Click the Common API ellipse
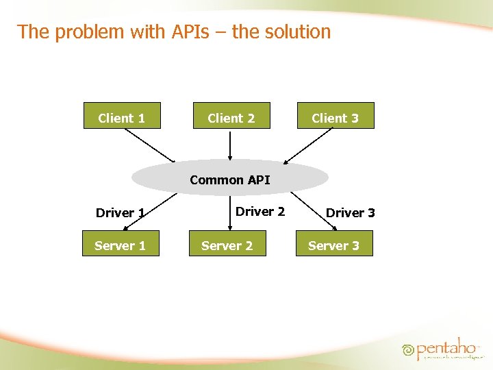tap(230, 178)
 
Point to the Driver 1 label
tap(120, 212)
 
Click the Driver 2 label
tap(260, 211)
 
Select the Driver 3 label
tap(351, 212)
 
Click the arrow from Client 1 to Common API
tap(150, 145)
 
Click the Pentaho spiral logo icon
tap(409, 349)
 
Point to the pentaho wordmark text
tap(448, 348)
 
